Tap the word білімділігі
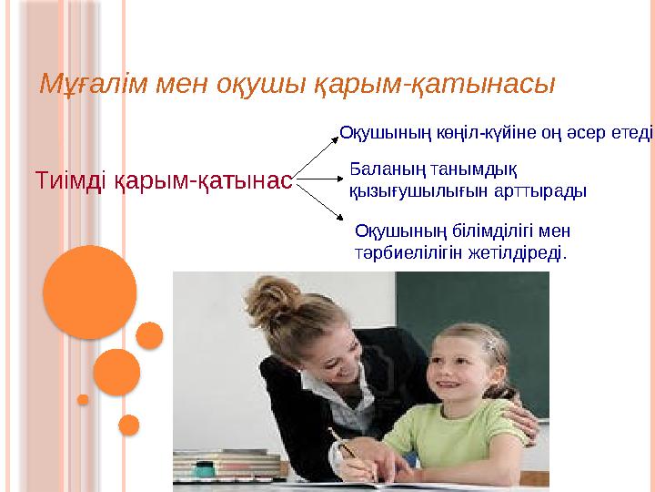tap(487, 231)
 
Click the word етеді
tap(632, 133)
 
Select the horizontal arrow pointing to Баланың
tap(319, 181)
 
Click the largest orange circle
tap(89, 292)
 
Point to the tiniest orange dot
tap(83, 399)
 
